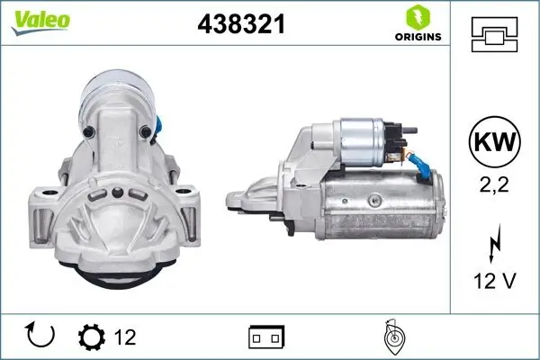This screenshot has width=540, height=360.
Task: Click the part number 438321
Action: click(240, 24)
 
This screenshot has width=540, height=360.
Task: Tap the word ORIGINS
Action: click(417, 37)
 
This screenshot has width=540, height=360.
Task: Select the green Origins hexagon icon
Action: click(417, 17)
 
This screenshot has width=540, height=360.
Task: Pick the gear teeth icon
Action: click(91, 337)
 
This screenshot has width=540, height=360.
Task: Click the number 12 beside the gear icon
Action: click(125, 337)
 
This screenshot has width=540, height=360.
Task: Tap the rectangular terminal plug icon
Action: click(266, 337)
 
